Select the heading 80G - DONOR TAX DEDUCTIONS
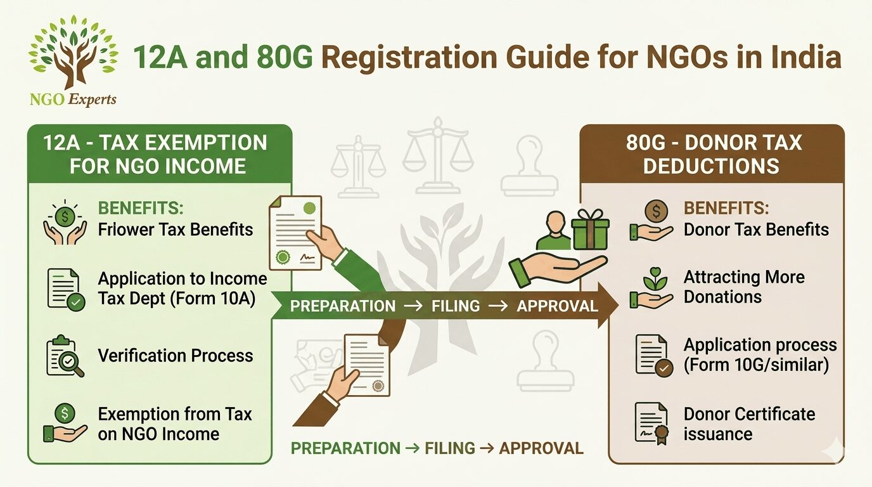(x=713, y=154)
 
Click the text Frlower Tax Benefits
(x=176, y=230)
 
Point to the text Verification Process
(x=176, y=355)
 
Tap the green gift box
(x=590, y=230)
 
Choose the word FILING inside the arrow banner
(x=456, y=306)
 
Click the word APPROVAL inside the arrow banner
(x=557, y=306)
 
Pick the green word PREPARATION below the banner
(x=345, y=448)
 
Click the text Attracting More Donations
(x=744, y=287)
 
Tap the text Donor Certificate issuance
(x=749, y=424)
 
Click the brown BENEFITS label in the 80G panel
(x=726, y=209)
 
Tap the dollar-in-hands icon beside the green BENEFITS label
(x=65, y=222)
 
